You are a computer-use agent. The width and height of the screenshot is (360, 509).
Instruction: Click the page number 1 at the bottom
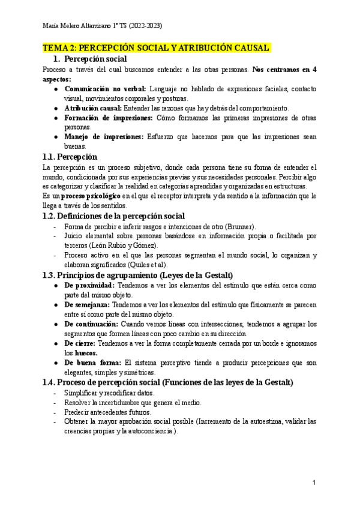314,483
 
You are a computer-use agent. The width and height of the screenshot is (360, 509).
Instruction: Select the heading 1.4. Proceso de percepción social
168,382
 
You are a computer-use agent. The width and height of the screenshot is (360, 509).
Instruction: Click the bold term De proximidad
89,286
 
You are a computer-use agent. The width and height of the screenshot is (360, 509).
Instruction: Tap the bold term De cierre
80,343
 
